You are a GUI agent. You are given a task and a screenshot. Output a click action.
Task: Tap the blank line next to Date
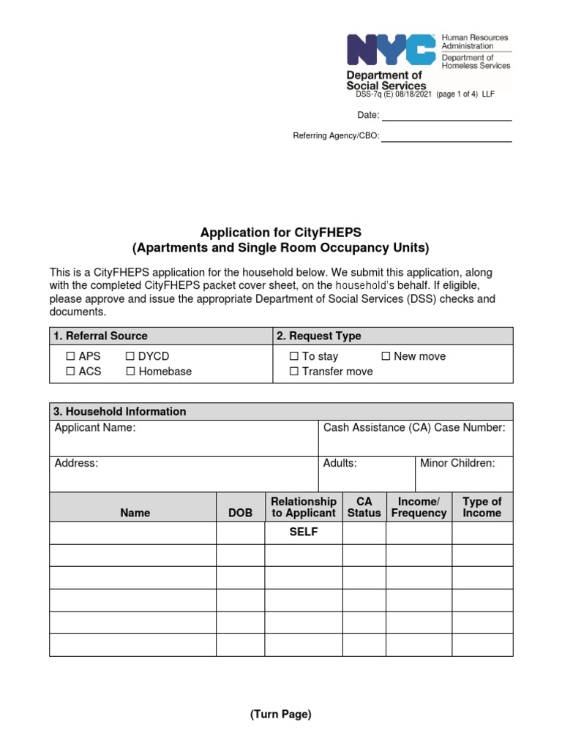pos(446,115)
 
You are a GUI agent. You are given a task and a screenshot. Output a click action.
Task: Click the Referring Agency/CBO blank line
pos(446,136)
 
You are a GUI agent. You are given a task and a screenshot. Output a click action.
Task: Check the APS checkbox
pos(71,356)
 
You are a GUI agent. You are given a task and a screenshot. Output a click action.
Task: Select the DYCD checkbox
pos(130,356)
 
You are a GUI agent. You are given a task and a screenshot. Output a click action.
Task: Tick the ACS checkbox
pos(71,372)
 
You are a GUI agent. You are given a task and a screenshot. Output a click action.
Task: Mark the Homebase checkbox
pos(130,372)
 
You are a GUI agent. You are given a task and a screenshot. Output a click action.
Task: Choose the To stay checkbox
pos(294,356)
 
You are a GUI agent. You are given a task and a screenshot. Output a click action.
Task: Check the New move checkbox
pos(386,356)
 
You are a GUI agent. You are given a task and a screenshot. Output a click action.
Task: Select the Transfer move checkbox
pos(294,372)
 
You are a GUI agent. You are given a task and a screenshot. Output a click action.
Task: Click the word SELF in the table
pos(303,532)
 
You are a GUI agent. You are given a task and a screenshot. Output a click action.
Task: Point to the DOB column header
pos(240,513)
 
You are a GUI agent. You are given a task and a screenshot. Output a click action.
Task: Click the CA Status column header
pos(364,507)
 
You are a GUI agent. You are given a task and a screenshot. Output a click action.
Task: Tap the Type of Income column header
pos(482,507)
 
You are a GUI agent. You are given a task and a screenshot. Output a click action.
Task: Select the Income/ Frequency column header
pos(419,507)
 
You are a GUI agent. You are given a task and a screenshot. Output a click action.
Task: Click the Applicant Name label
pos(95,428)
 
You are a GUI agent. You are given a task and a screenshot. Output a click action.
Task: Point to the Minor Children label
pos(457,463)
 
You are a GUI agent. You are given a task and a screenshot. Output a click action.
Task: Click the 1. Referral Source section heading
pos(100,336)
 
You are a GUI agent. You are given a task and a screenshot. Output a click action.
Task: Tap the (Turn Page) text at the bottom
pos(281,715)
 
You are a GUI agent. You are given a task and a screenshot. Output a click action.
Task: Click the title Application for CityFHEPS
pos(281,233)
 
